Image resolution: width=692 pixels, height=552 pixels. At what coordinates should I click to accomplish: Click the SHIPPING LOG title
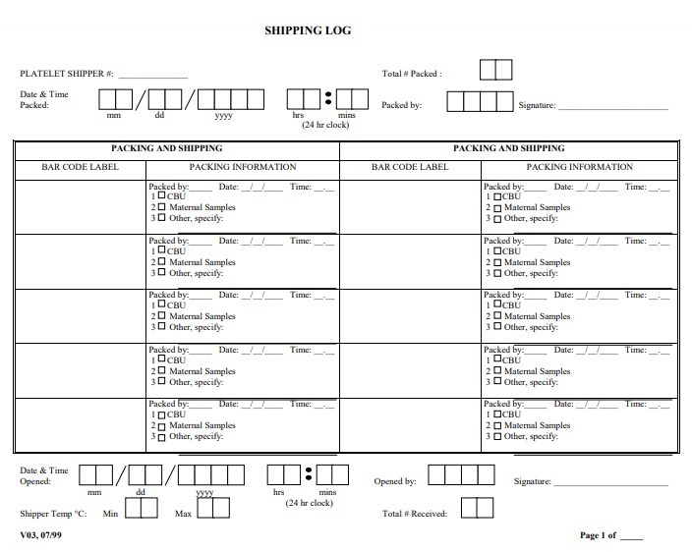pos(308,30)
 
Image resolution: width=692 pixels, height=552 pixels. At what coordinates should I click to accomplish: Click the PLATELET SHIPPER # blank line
pos(152,76)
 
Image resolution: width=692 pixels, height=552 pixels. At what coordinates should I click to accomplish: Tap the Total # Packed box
pos(495,71)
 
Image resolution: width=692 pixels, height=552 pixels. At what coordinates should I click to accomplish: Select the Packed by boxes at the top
pos(479,102)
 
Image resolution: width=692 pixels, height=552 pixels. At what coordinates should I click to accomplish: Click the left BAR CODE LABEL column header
pos(80,167)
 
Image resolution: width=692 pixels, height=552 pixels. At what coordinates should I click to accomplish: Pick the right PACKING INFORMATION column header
pos(580,167)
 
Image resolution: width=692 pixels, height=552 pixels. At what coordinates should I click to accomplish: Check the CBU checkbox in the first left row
pos(161,196)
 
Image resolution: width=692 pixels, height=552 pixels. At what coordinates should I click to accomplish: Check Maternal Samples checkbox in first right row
pos(497,208)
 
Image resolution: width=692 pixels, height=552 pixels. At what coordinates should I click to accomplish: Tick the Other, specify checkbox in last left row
pos(161,436)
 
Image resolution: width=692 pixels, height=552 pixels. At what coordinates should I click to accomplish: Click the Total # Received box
pos(478,508)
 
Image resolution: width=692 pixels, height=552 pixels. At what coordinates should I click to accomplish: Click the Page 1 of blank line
pos(632,538)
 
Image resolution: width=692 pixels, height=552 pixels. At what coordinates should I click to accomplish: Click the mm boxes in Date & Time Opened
pos(95,475)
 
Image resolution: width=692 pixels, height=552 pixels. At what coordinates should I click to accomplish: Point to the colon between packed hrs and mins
pos(328,99)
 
